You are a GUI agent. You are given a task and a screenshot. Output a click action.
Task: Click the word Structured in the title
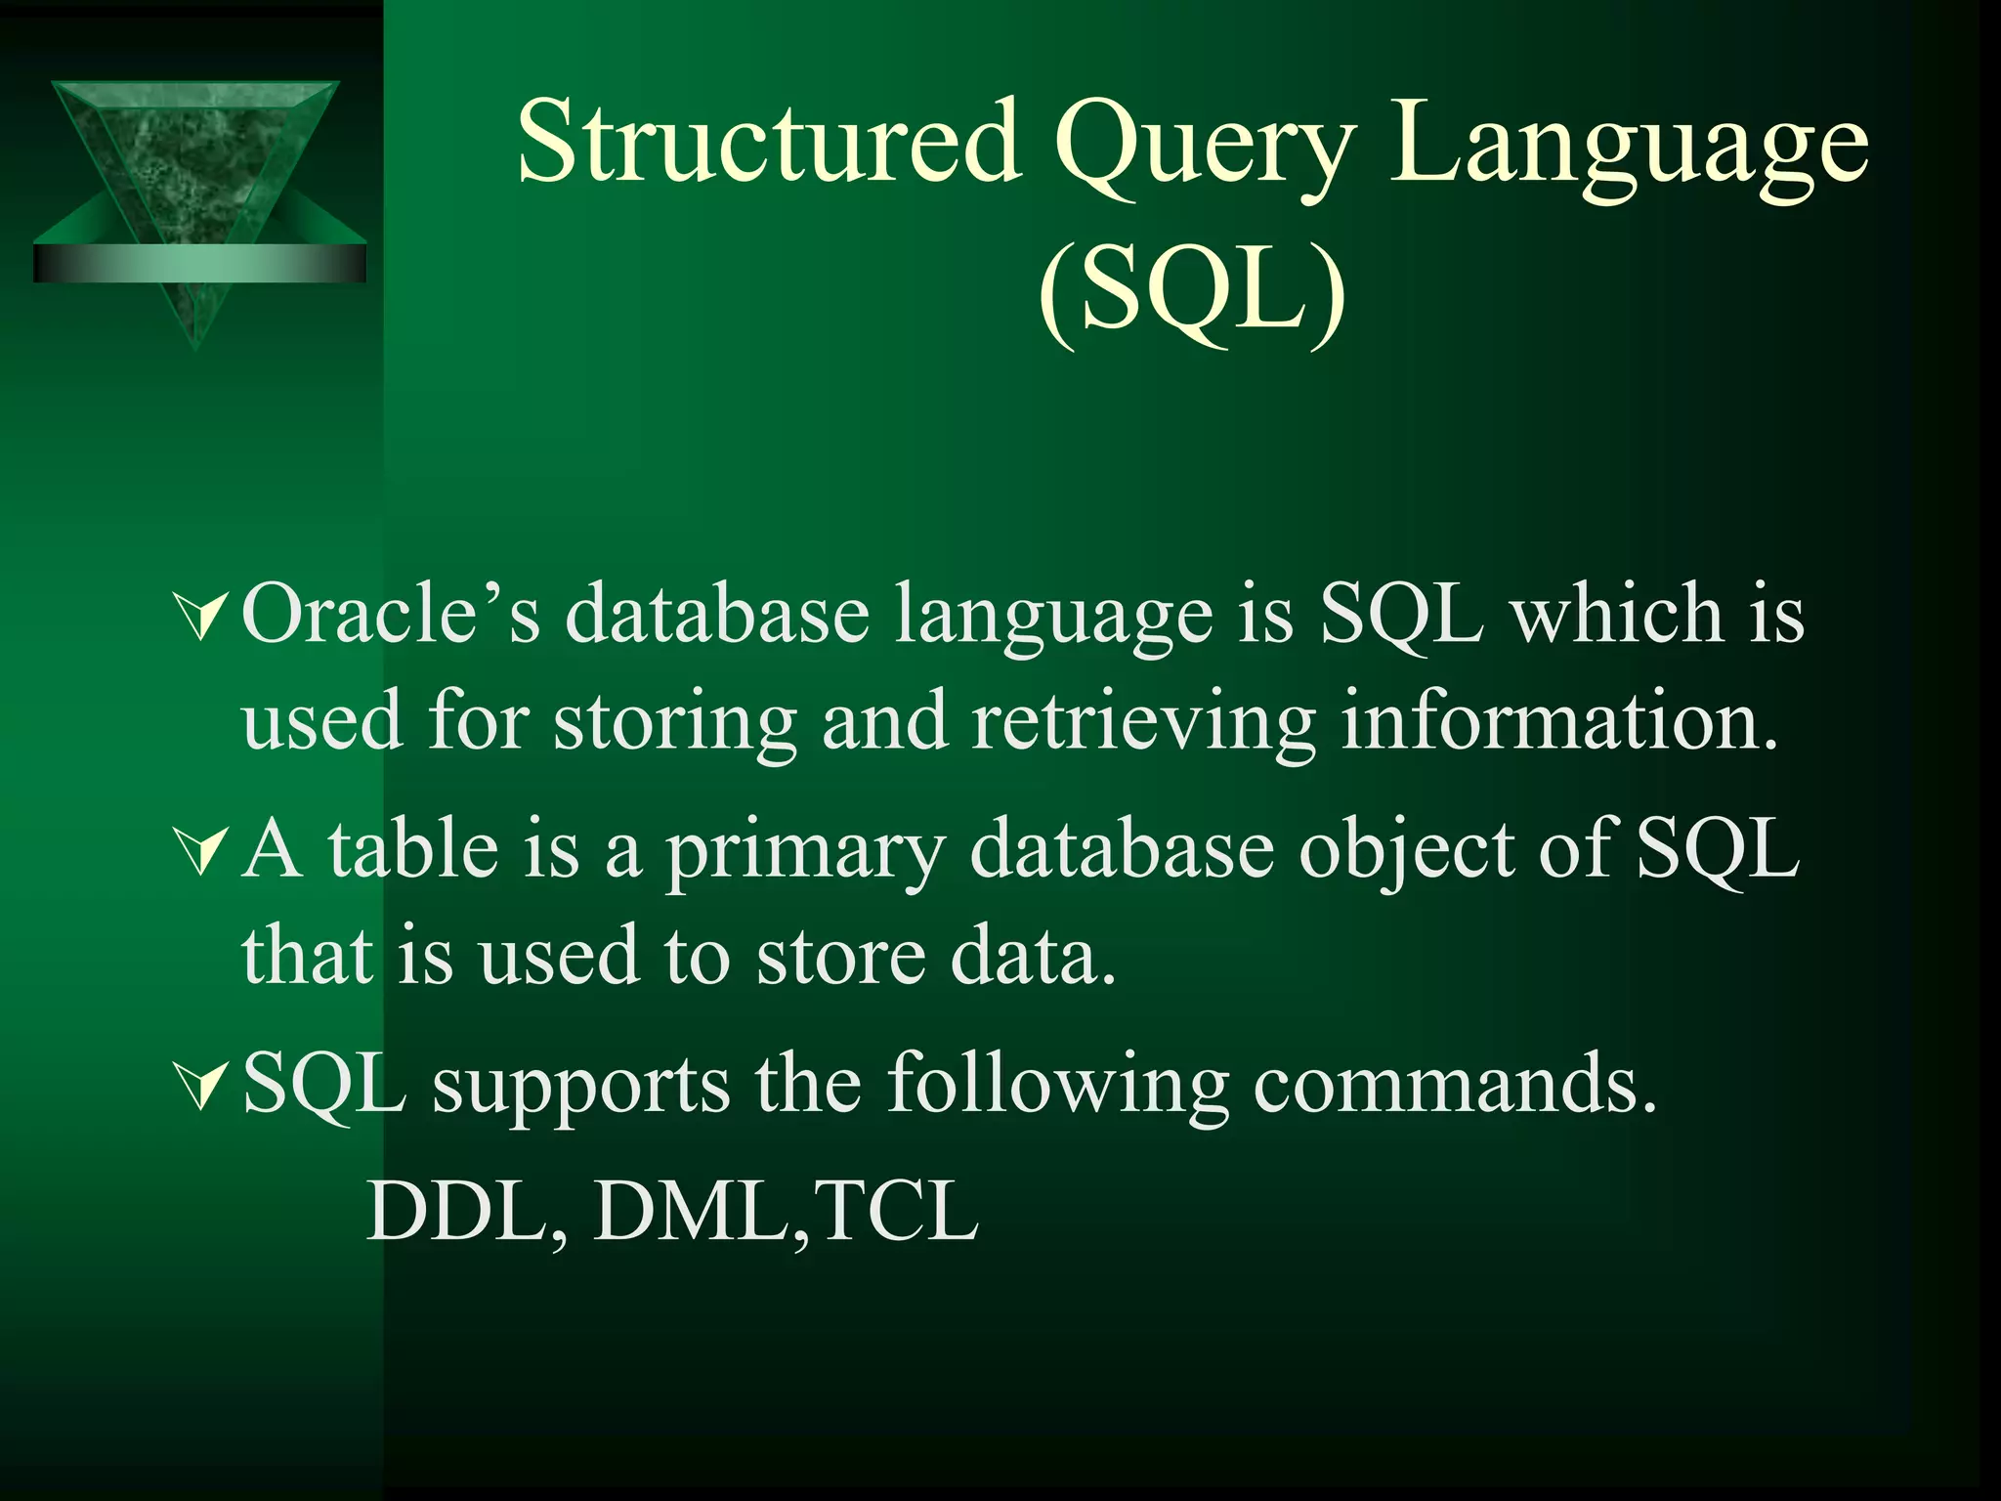[769, 144]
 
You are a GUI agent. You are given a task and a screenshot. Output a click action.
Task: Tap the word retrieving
[1143, 723]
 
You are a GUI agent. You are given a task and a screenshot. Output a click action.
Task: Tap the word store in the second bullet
[840, 956]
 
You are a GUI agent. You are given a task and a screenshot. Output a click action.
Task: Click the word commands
[1455, 1085]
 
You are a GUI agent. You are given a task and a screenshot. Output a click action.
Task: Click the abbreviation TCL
[895, 1212]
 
